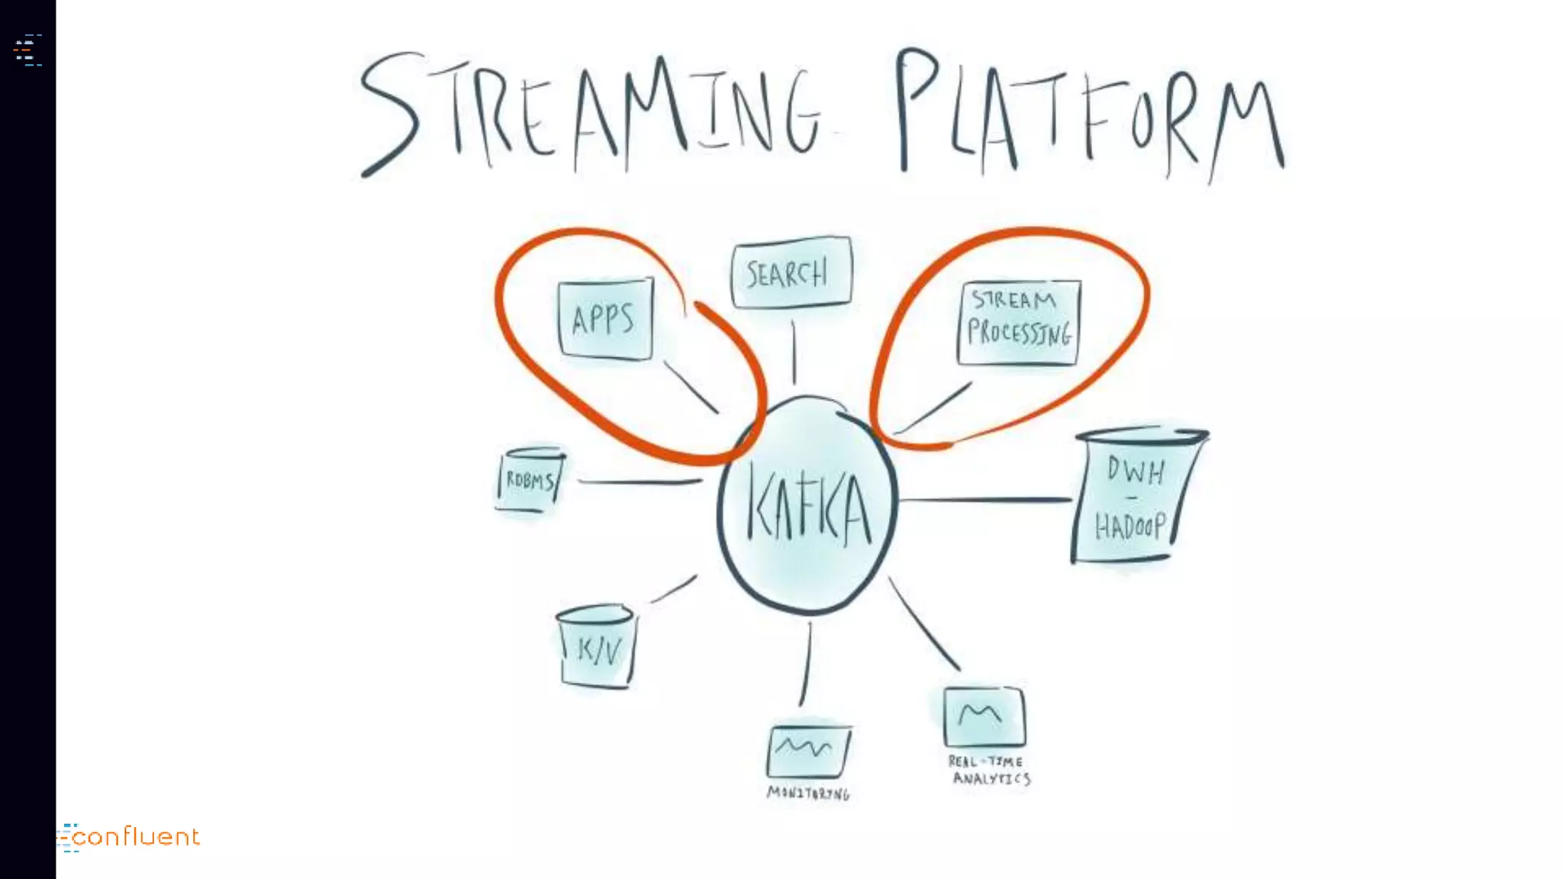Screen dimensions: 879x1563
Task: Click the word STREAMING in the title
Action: [x=591, y=111]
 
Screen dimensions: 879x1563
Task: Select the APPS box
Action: [x=605, y=318]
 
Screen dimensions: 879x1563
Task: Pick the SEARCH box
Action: [x=791, y=272]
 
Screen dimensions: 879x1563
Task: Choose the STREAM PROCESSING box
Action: [x=1019, y=323]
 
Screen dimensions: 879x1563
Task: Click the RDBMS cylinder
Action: [x=530, y=480]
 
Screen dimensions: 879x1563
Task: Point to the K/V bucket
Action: [x=597, y=648]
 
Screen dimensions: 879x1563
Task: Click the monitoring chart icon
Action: [x=807, y=751]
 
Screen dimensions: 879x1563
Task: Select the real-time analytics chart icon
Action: [x=984, y=717]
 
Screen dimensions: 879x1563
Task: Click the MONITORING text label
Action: [x=807, y=794]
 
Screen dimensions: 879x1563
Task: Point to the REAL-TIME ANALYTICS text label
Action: [x=989, y=770]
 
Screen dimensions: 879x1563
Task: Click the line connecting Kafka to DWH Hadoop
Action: [x=985, y=500]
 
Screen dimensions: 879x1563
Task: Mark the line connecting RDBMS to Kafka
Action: [x=640, y=481]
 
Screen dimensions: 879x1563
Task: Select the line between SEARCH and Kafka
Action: [x=794, y=351]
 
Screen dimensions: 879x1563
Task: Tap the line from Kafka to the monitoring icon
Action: [x=806, y=664]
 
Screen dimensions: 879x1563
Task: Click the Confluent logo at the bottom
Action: [x=130, y=837]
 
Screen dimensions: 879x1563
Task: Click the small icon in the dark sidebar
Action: [x=27, y=50]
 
